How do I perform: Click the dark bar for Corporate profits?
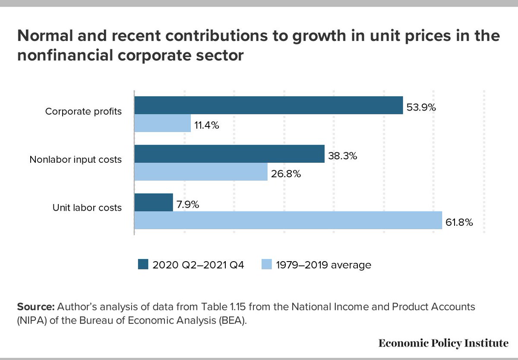pyautogui.click(x=268, y=105)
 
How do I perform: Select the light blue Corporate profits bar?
pyautogui.click(x=163, y=123)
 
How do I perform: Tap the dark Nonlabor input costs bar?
pyautogui.click(x=229, y=154)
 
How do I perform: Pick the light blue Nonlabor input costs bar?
pyautogui.click(x=201, y=172)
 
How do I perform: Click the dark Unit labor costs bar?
pyautogui.click(x=154, y=202)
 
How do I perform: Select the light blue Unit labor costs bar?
pyautogui.click(x=288, y=220)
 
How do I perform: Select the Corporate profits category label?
pyautogui.click(x=83, y=111)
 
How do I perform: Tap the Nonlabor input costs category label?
pyautogui.click(x=76, y=159)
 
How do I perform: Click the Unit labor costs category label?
pyautogui.click(x=87, y=208)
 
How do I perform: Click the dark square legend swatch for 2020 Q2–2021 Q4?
pyautogui.click(x=142, y=264)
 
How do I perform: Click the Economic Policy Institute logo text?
pyautogui.click(x=443, y=344)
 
